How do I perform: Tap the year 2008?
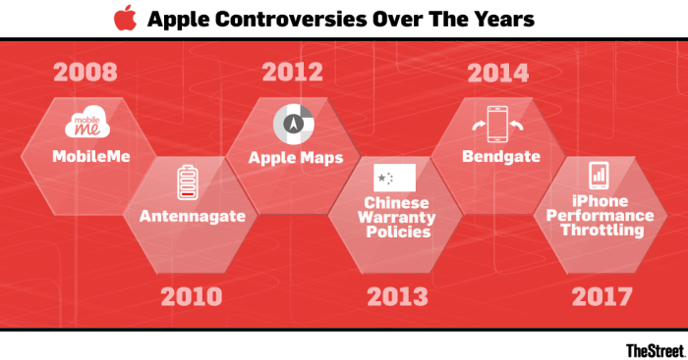pyautogui.click(x=86, y=72)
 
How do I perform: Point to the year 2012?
pyautogui.click(x=292, y=72)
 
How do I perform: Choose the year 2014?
pyautogui.click(x=497, y=72)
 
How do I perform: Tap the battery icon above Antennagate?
pyautogui.click(x=187, y=183)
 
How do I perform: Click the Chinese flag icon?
pyautogui.click(x=394, y=178)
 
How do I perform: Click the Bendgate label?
pyautogui.click(x=497, y=157)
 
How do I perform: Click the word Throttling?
pyautogui.click(x=600, y=231)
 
